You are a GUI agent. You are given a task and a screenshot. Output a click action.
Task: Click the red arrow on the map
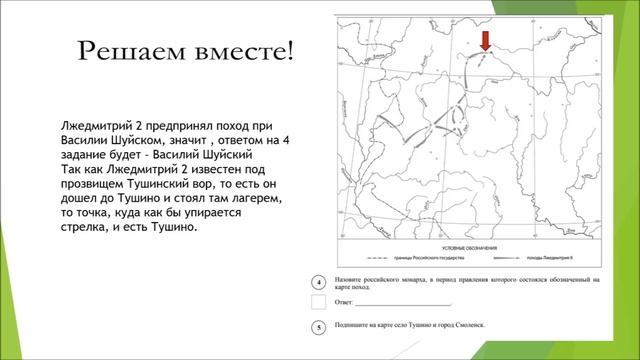[485, 41]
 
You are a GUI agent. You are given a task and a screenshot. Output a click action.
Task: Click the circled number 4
[317, 284]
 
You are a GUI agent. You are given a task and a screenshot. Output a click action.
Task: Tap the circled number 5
[317, 326]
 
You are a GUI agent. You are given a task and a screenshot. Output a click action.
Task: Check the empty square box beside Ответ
[318, 301]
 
